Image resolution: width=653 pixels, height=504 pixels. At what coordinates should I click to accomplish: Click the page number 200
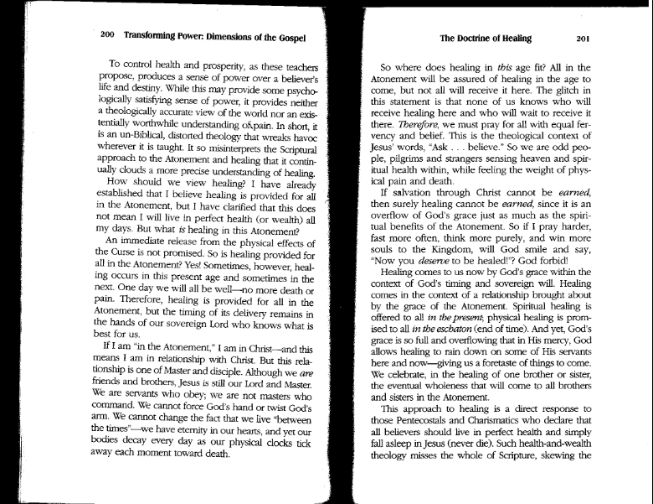coord(107,37)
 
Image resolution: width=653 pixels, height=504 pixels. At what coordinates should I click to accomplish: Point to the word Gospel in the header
coord(289,37)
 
